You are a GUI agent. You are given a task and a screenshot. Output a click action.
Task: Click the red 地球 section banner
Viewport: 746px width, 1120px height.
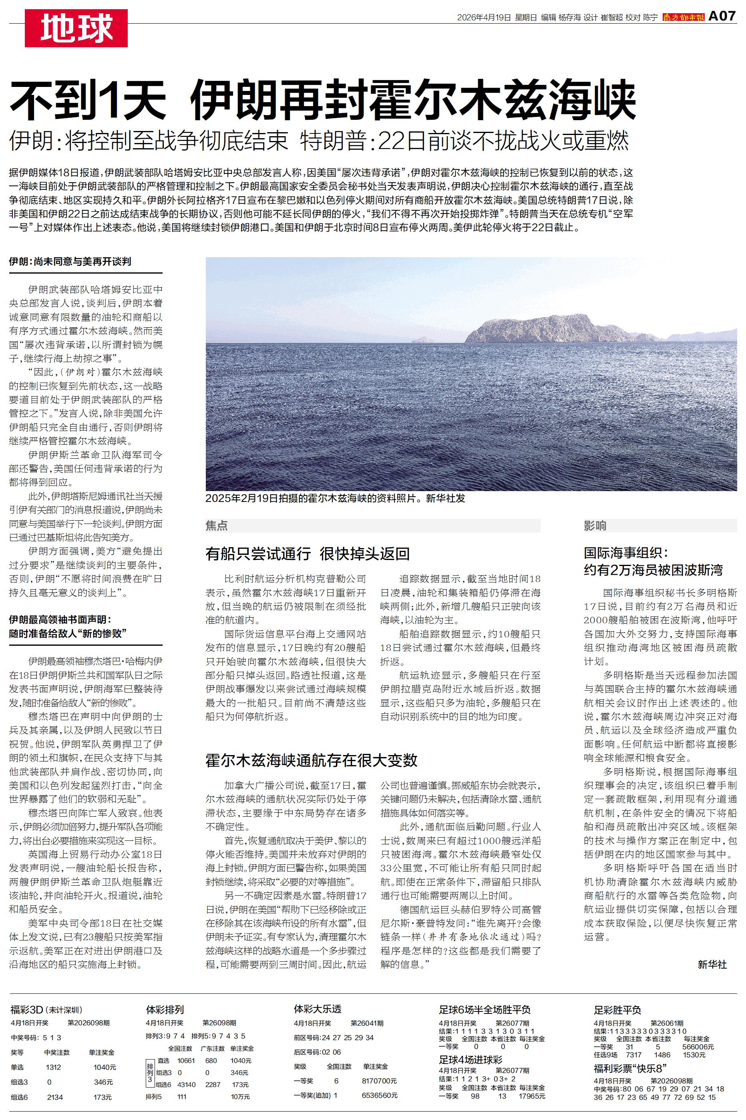(76, 28)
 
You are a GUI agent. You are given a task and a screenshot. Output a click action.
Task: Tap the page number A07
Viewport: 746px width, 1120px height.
(722, 16)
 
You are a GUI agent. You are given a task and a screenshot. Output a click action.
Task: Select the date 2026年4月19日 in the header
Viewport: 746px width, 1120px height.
(484, 18)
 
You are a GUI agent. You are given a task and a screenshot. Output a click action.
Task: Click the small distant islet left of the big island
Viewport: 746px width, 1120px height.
(422, 339)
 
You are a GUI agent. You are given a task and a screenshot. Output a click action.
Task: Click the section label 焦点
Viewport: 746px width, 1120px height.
(217, 525)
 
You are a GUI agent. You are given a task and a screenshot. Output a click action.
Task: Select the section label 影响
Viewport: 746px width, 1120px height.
(595, 525)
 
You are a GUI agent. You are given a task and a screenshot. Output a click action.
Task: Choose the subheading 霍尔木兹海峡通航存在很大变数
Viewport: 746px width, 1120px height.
(311, 760)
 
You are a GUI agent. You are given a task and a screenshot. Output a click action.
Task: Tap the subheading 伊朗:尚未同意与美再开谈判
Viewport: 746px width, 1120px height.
(70, 261)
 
